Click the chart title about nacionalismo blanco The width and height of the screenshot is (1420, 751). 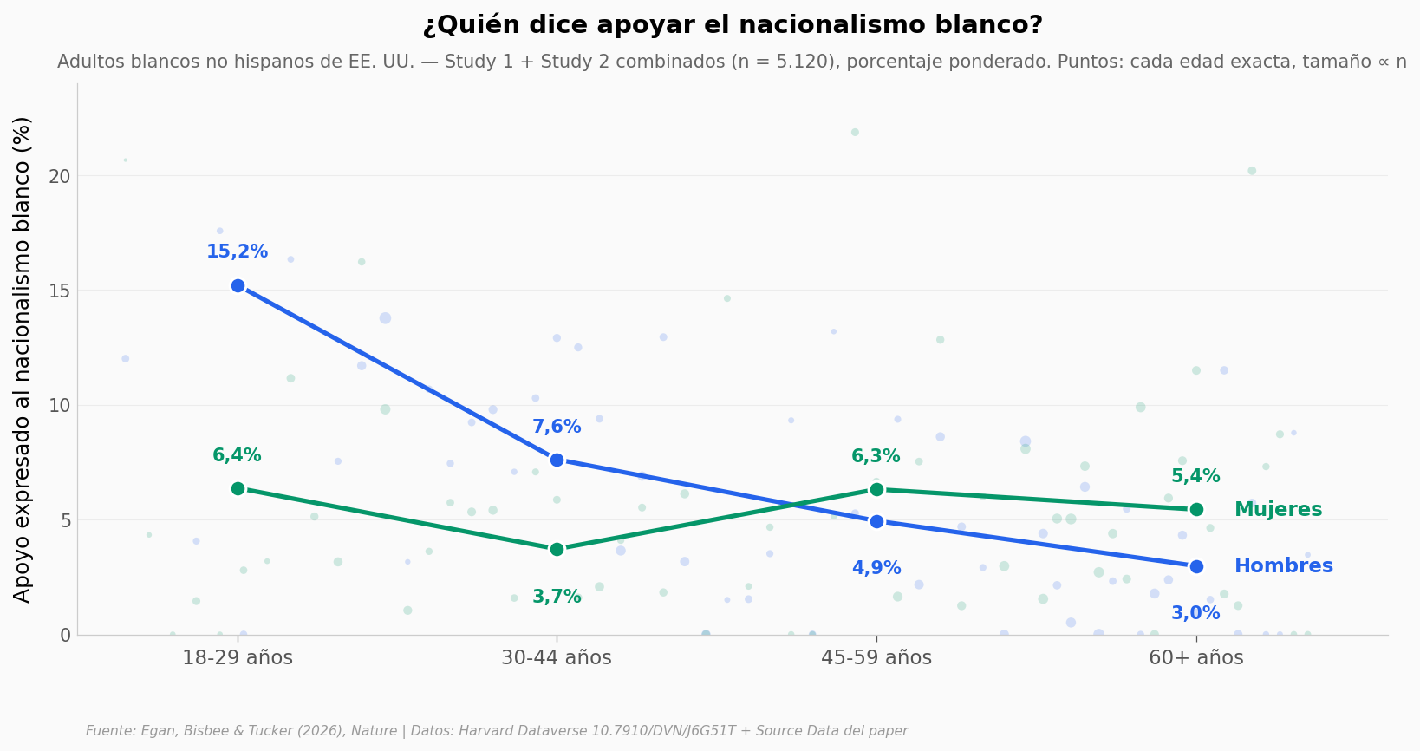(733, 25)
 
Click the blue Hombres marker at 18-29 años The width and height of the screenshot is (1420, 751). (238, 286)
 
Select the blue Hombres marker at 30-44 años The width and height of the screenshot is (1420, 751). (557, 460)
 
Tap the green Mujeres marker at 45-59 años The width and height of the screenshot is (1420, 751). (876, 490)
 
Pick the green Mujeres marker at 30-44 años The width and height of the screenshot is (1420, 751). (557, 549)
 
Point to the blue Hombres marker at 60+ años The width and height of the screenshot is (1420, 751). (1196, 566)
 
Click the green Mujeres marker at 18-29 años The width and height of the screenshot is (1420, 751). (238, 488)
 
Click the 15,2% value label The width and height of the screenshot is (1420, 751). (237, 251)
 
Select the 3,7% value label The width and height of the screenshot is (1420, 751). (557, 597)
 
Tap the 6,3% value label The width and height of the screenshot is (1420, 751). (876, 456)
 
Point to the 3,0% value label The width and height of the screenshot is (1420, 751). (1195, 613)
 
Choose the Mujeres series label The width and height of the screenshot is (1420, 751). (1278, 509)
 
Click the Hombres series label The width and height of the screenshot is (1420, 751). (1284, 565)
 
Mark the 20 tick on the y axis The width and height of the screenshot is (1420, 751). (60, 176)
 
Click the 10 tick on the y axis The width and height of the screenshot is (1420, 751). (60, 406)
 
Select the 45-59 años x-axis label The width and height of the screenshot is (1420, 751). (876, 657)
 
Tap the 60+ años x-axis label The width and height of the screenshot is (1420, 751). (1196, 657)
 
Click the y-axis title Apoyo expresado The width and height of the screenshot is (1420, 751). (22, 360)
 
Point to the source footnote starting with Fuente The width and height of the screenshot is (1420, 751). (497, 731)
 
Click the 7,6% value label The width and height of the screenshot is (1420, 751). (557, 427)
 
